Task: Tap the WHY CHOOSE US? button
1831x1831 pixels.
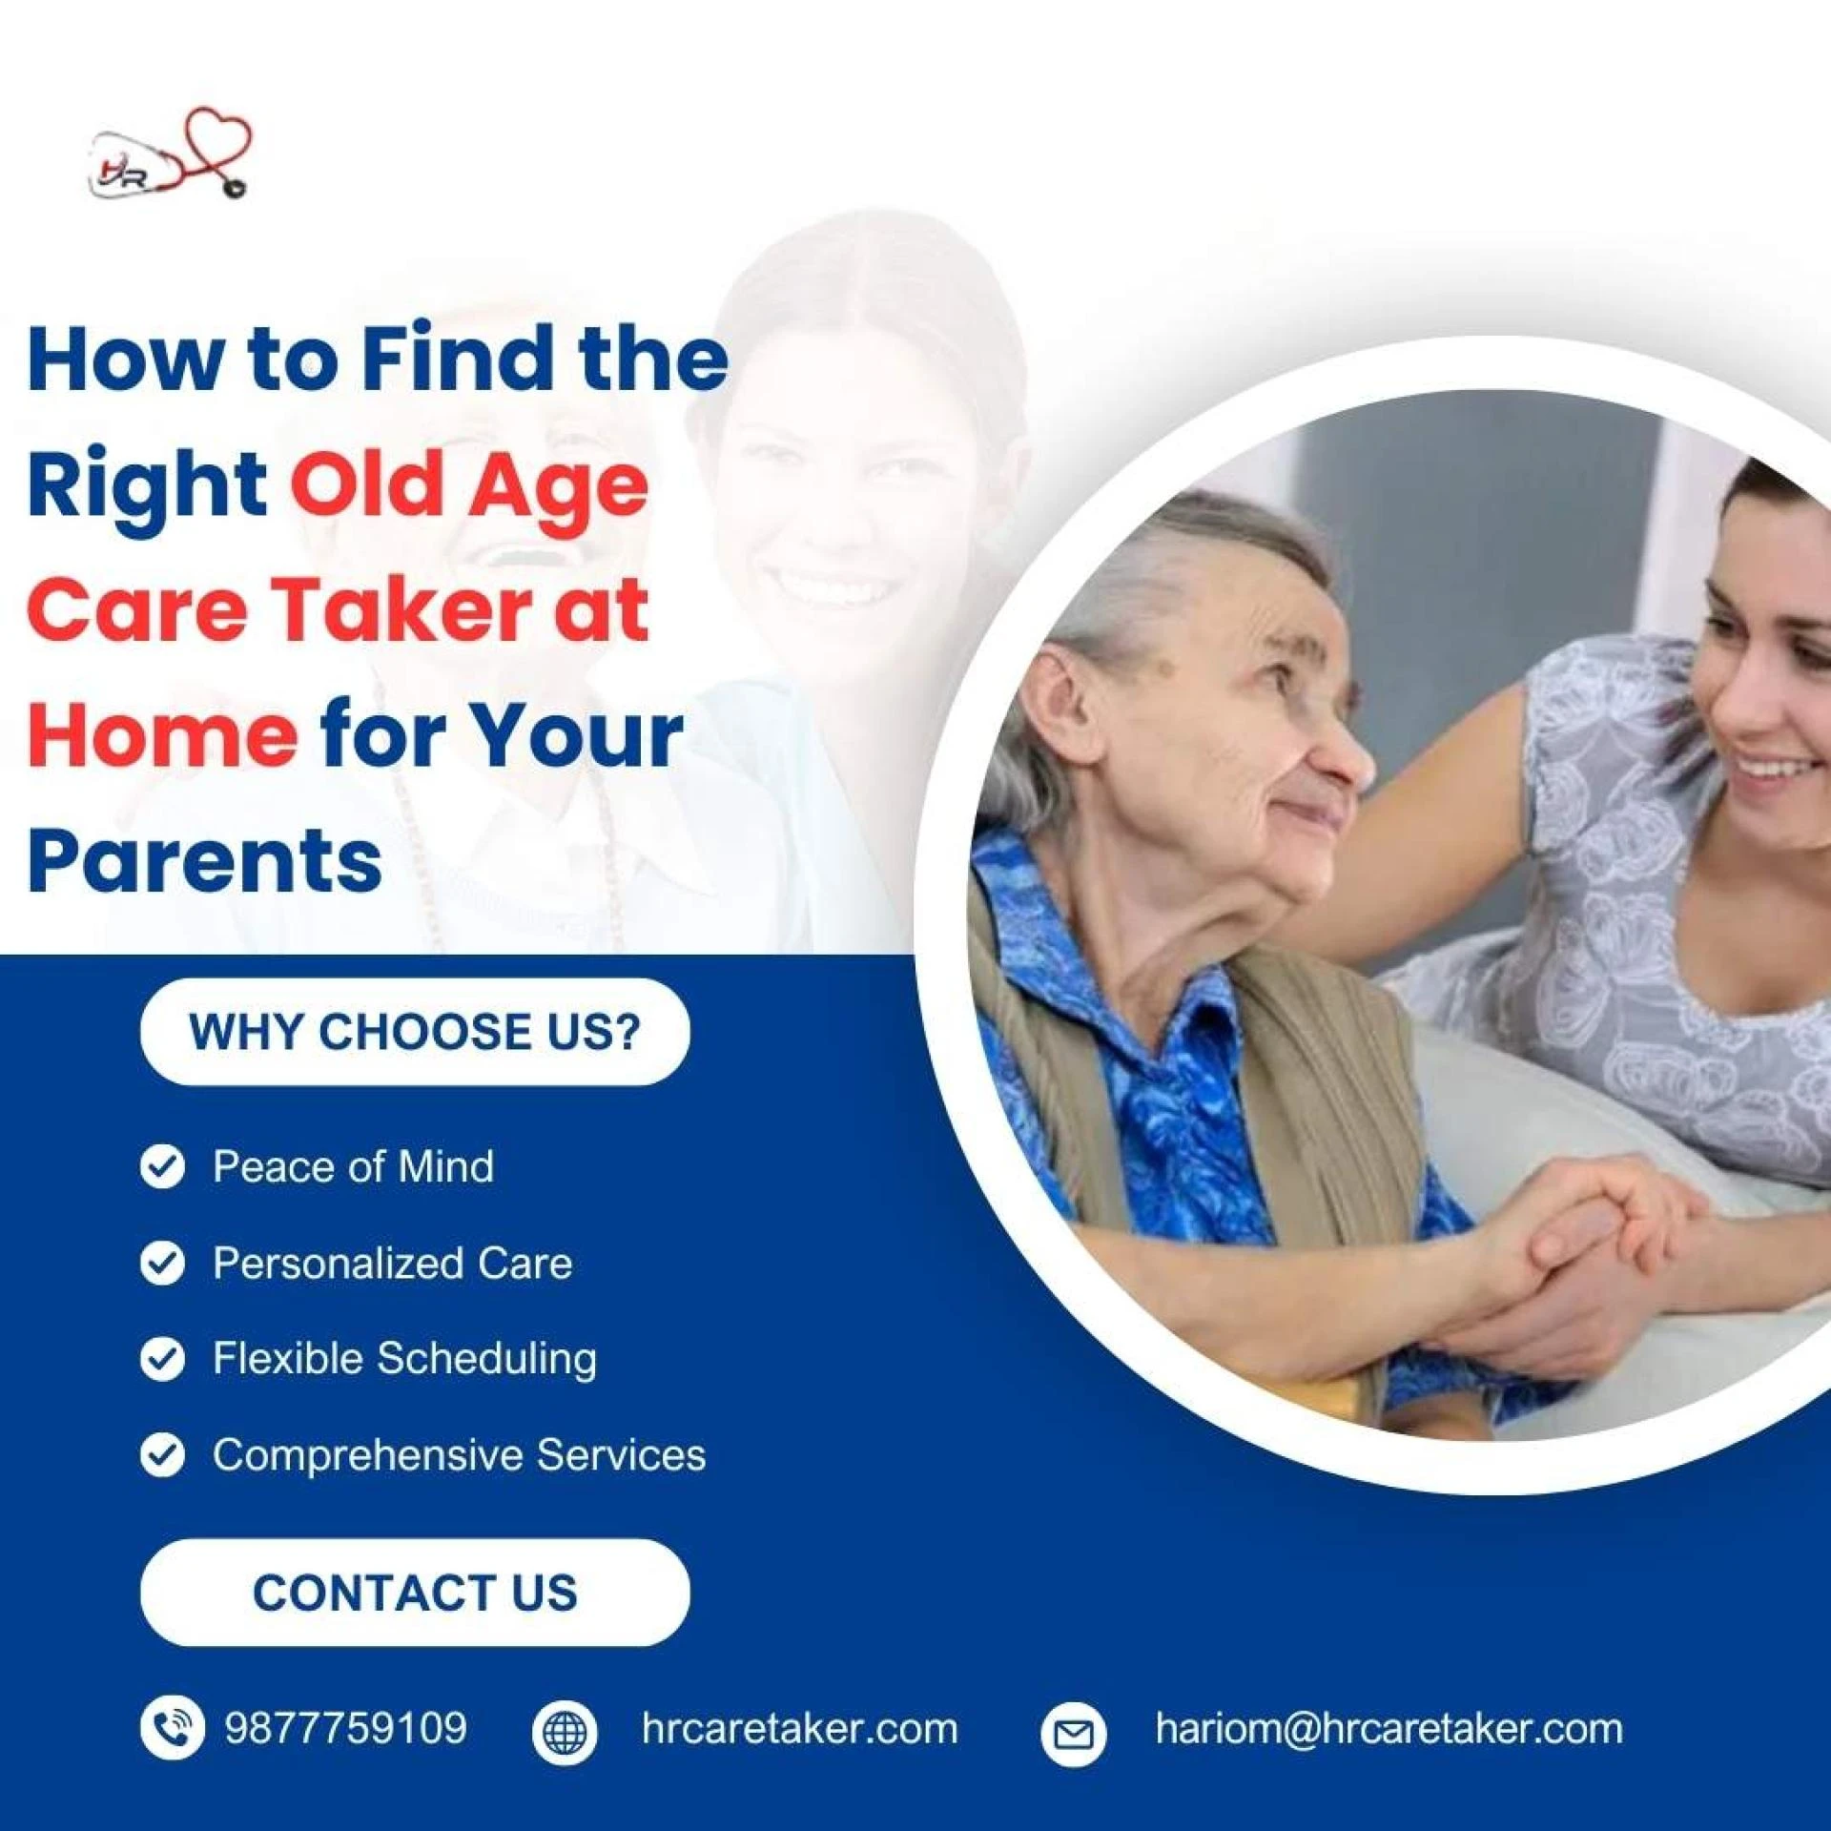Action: [415, 1032]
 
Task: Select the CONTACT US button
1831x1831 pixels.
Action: [415, 1592]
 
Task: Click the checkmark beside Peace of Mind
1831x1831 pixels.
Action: [162, 1166]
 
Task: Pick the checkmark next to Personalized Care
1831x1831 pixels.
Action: [162, 1263]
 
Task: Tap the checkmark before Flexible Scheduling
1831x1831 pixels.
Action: [162, 1359]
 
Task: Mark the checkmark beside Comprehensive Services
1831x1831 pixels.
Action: [162, 1455]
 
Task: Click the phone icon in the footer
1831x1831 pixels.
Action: [172, 1728]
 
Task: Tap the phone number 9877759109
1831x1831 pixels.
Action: [345, 1728]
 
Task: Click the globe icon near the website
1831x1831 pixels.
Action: [565, 1732]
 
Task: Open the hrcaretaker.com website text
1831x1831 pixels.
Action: [799, 1728]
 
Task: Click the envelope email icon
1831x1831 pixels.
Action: [1074, 1732]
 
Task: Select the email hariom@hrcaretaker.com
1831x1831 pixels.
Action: [1389, 1728]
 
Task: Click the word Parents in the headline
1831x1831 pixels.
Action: [205, 860]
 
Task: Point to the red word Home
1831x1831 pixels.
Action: [162, 735]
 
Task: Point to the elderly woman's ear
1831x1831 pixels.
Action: [1060, 706]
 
